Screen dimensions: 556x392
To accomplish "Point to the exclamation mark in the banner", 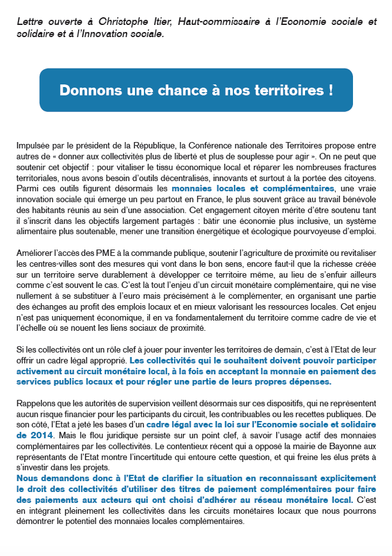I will pos(330,90).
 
